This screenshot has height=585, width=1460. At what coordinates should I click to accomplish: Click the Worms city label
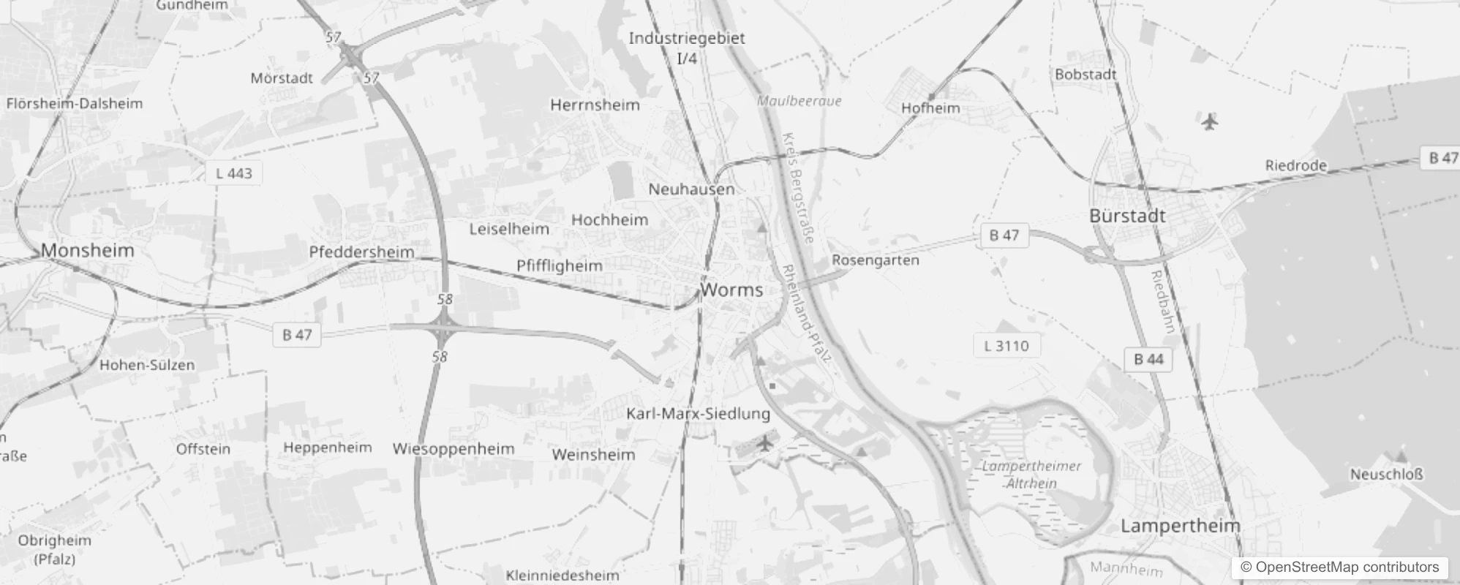point(731,290)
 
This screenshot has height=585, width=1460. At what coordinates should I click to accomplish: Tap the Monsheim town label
point(88,251)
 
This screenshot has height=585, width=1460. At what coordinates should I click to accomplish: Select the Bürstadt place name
point(1127,216)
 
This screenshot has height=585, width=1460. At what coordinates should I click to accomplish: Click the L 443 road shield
point(234,174)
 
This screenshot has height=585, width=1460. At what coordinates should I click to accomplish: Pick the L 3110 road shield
point(1006,346)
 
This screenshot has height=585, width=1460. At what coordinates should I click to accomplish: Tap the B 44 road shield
point(1148,359)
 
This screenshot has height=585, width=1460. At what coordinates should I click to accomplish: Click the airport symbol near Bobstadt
point(1210,121)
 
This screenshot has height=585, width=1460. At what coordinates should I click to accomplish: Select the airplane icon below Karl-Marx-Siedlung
point(765,443)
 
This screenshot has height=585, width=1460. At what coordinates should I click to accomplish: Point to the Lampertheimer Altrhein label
point(1031,475)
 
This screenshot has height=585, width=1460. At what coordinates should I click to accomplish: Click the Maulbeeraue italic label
point(799,101)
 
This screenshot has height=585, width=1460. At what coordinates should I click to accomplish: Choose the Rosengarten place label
point(876,260)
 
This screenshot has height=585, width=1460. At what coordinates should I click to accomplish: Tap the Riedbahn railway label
point(1163,301)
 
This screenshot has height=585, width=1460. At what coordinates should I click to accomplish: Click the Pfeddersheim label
point(361,252)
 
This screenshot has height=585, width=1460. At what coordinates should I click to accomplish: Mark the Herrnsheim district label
point(595,105)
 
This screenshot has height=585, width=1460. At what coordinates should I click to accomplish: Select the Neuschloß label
point(1386,475)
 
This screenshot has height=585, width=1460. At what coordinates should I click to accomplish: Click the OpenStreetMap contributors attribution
point(1339,567)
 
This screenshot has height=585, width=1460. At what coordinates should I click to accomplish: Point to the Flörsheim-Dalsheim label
point(75,104)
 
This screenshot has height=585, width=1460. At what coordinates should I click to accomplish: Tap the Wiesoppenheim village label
point(454,449)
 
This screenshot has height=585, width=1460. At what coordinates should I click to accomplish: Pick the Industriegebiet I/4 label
point(687,48)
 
